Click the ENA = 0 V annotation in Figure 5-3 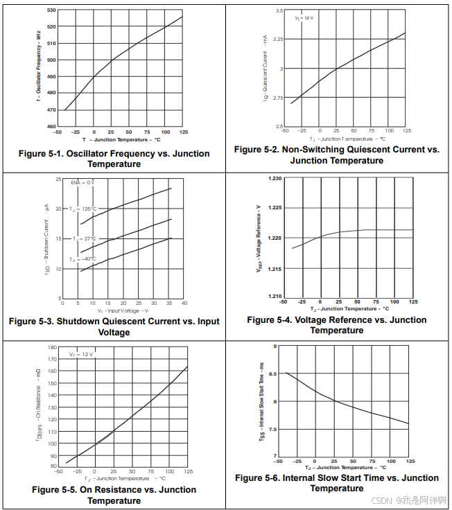(82, 182)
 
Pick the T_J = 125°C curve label (83, 209)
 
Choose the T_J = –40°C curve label (82, 259)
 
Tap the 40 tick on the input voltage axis (184, 303)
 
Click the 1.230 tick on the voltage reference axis (275, 179)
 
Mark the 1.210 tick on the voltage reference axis (275, 297)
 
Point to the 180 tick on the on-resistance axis (51, 347)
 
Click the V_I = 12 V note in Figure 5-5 (80, 354)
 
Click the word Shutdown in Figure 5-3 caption (78, 322)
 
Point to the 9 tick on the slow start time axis (275, 345)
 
